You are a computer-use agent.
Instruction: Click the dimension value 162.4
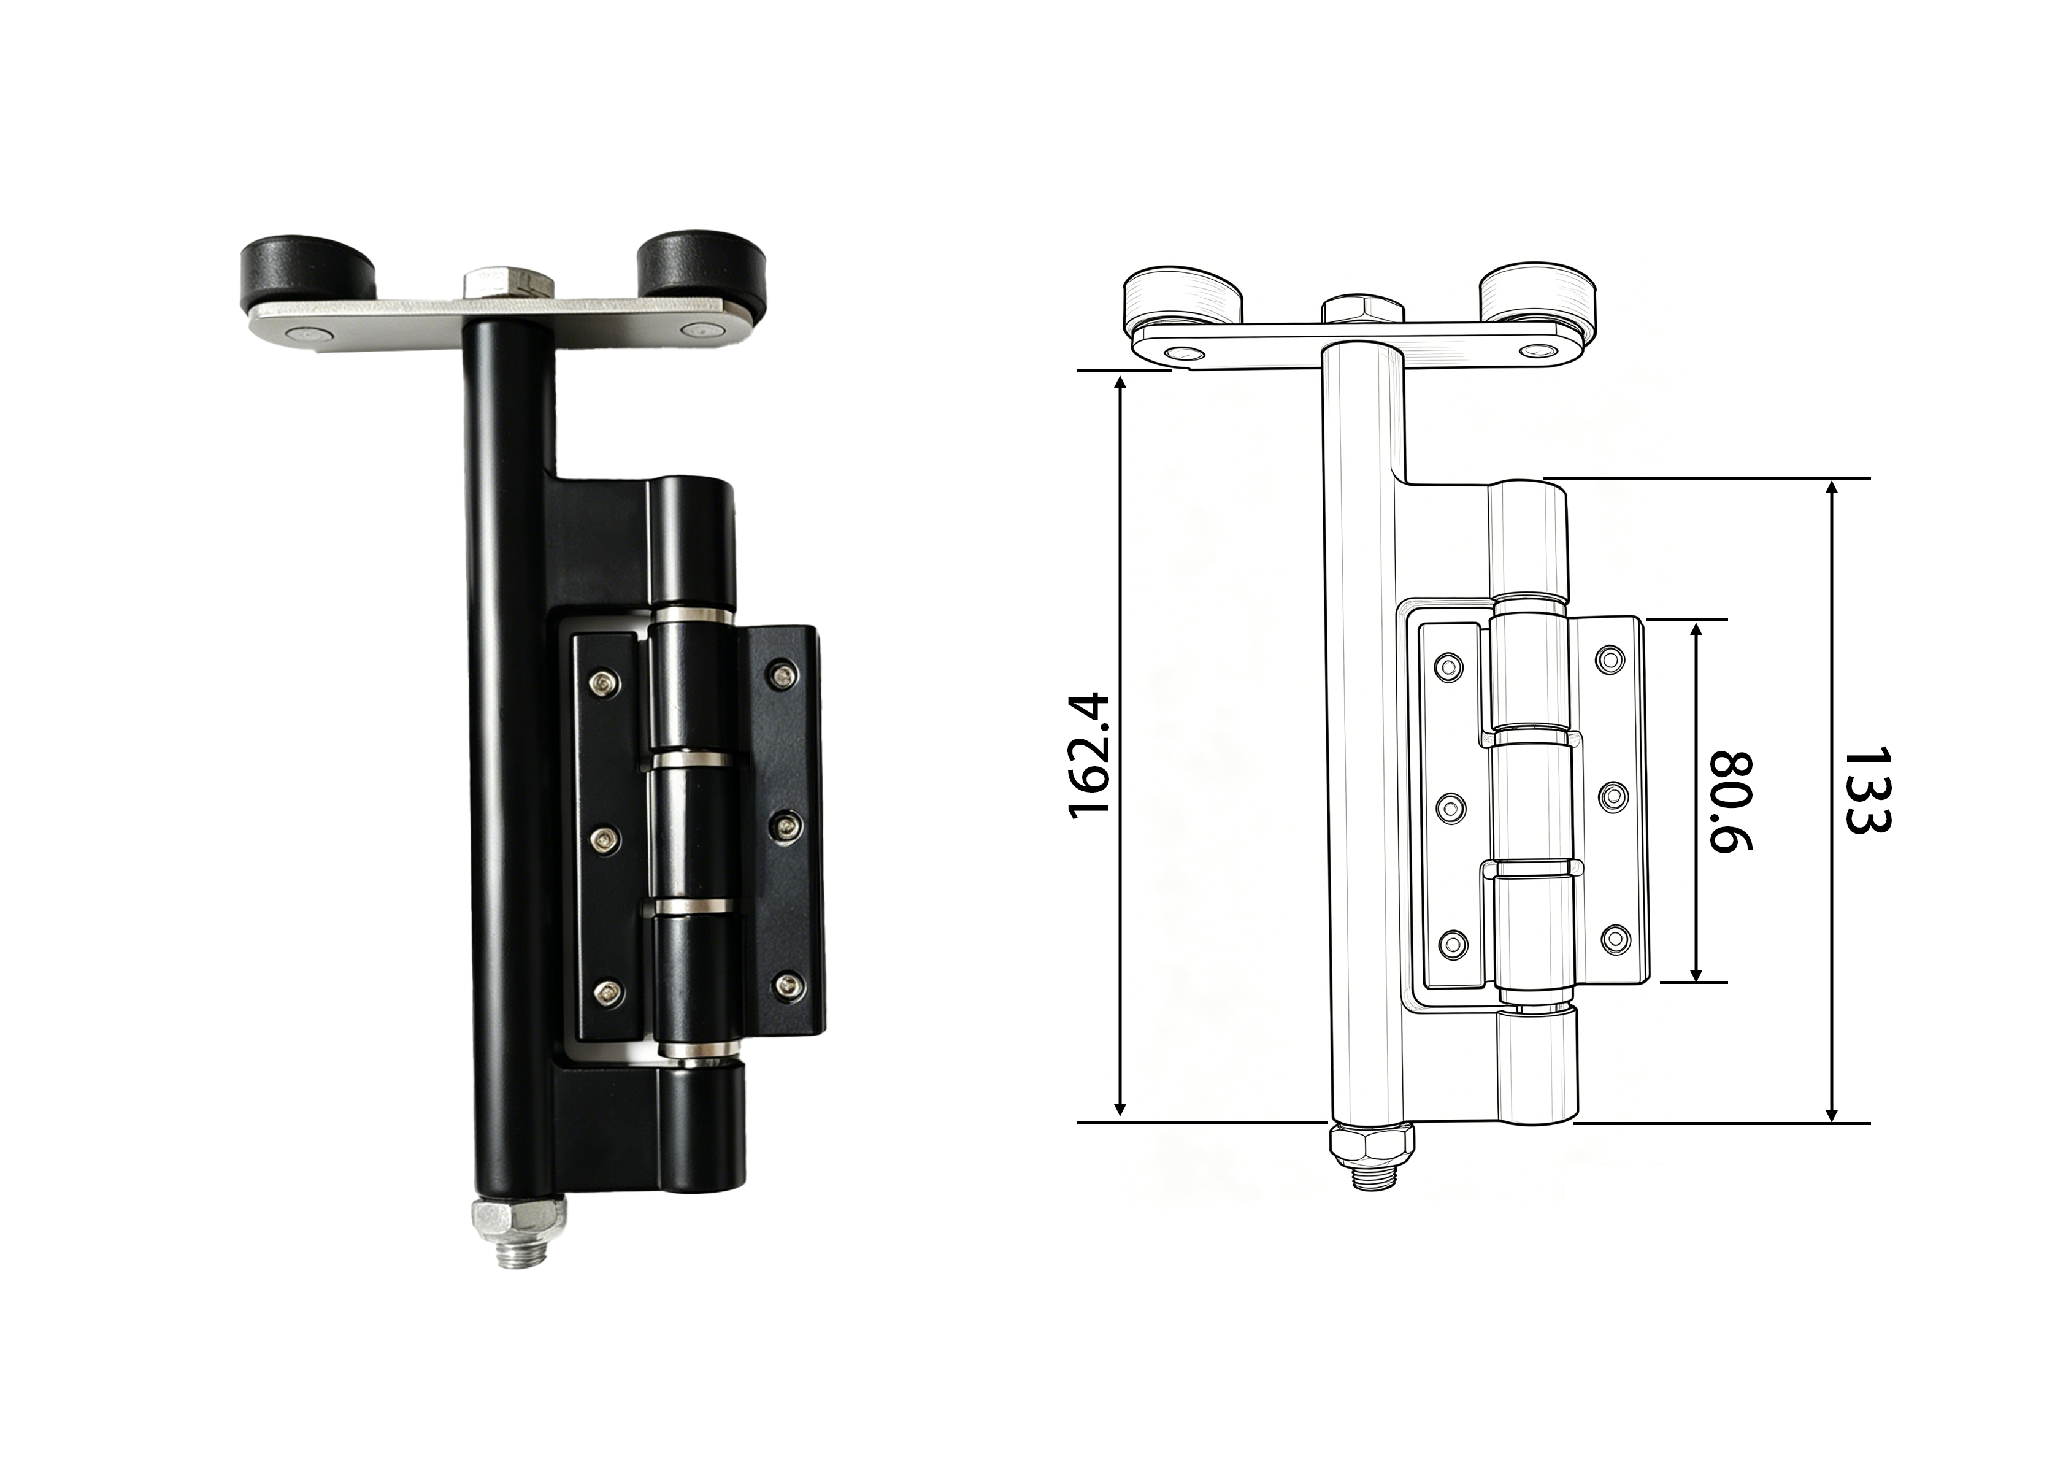[x=1088, y=756]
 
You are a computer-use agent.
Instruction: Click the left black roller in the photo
[x=307, y=274]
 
